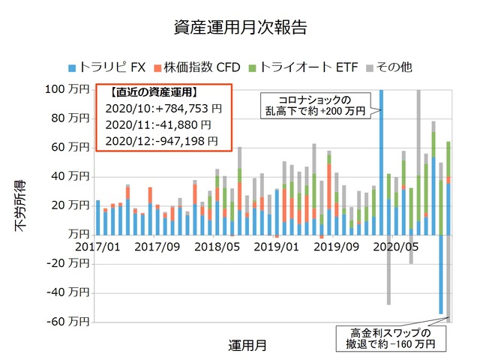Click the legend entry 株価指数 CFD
click(x=196, y=67)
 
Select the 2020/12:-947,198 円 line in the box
click(x=163, y=140)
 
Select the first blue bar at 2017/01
click(x=98, y=217)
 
